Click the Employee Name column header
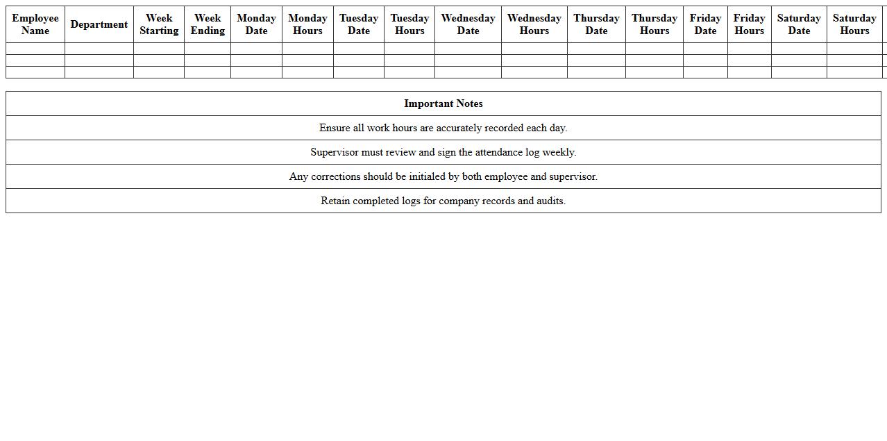[x=35, y=24]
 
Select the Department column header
[x=99, y=24]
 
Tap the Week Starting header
[x=159, y=24]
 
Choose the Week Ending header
[x=208, y=24]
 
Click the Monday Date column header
[x=256, y=24]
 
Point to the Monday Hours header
[x=307, y=24]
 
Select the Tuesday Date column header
[x=359, y=24]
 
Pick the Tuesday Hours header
[x=409, y=24]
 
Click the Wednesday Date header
[x=468, y=24]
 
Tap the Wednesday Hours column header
[x=534, y=24]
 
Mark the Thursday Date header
[x=596, y=24]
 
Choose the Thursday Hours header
[x=654, y=24]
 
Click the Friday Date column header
[x=705, y=24]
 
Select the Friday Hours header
[x=750, y=24]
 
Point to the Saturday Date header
[x=799, y=24]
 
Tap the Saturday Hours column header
[x=854, y=24]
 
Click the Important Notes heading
[x=443, y=103]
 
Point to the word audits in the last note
[x=550, y=201]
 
